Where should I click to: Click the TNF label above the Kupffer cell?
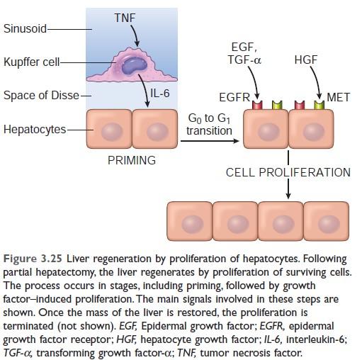click(x=125, y=18)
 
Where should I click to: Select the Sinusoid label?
click(x=25, y=28)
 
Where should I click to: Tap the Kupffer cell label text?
click(x=32, y=62)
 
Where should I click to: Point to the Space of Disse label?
click(x=41, y=96)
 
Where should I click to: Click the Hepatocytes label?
click(x=35, y=129)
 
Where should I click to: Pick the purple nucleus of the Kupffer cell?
click(x=134, y=64)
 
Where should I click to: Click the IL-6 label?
click(x=160, y=93)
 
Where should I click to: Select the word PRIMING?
click(x=132, y=160)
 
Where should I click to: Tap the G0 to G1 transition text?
click(x=209, y=124)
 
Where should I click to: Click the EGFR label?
click(x=234, y=97)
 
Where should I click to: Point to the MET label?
click(x=338, y=97)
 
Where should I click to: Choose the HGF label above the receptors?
click(x=305, y=60)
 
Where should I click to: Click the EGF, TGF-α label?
click(x=244, y=53)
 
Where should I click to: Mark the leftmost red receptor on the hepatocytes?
click(x=257, y=105)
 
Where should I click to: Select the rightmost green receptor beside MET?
click(x=319, y=105)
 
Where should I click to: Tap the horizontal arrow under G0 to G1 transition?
click(x=210, y=141)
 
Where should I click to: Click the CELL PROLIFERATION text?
click(x=288, y=172)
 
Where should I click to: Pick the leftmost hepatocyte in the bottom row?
click(x=190, y=221)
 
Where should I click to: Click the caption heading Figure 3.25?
click(x=33, y=259)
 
